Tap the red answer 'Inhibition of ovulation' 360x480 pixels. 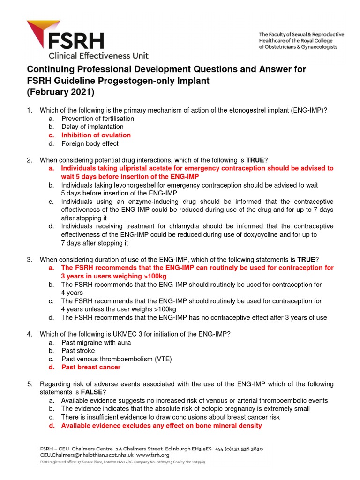tap(96, 135)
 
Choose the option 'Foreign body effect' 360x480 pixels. tap(90, 143)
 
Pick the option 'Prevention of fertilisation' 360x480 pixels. tap(97, 119)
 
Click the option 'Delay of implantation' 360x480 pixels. tap(92, 127)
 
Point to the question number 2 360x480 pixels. tap(30, 160)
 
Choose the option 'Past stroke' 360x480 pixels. tap(78, 351)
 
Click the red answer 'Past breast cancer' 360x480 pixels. tap(91, 367)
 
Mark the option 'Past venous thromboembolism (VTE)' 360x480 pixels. tap(116, 359)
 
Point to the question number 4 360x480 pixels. tap(30, 334)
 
